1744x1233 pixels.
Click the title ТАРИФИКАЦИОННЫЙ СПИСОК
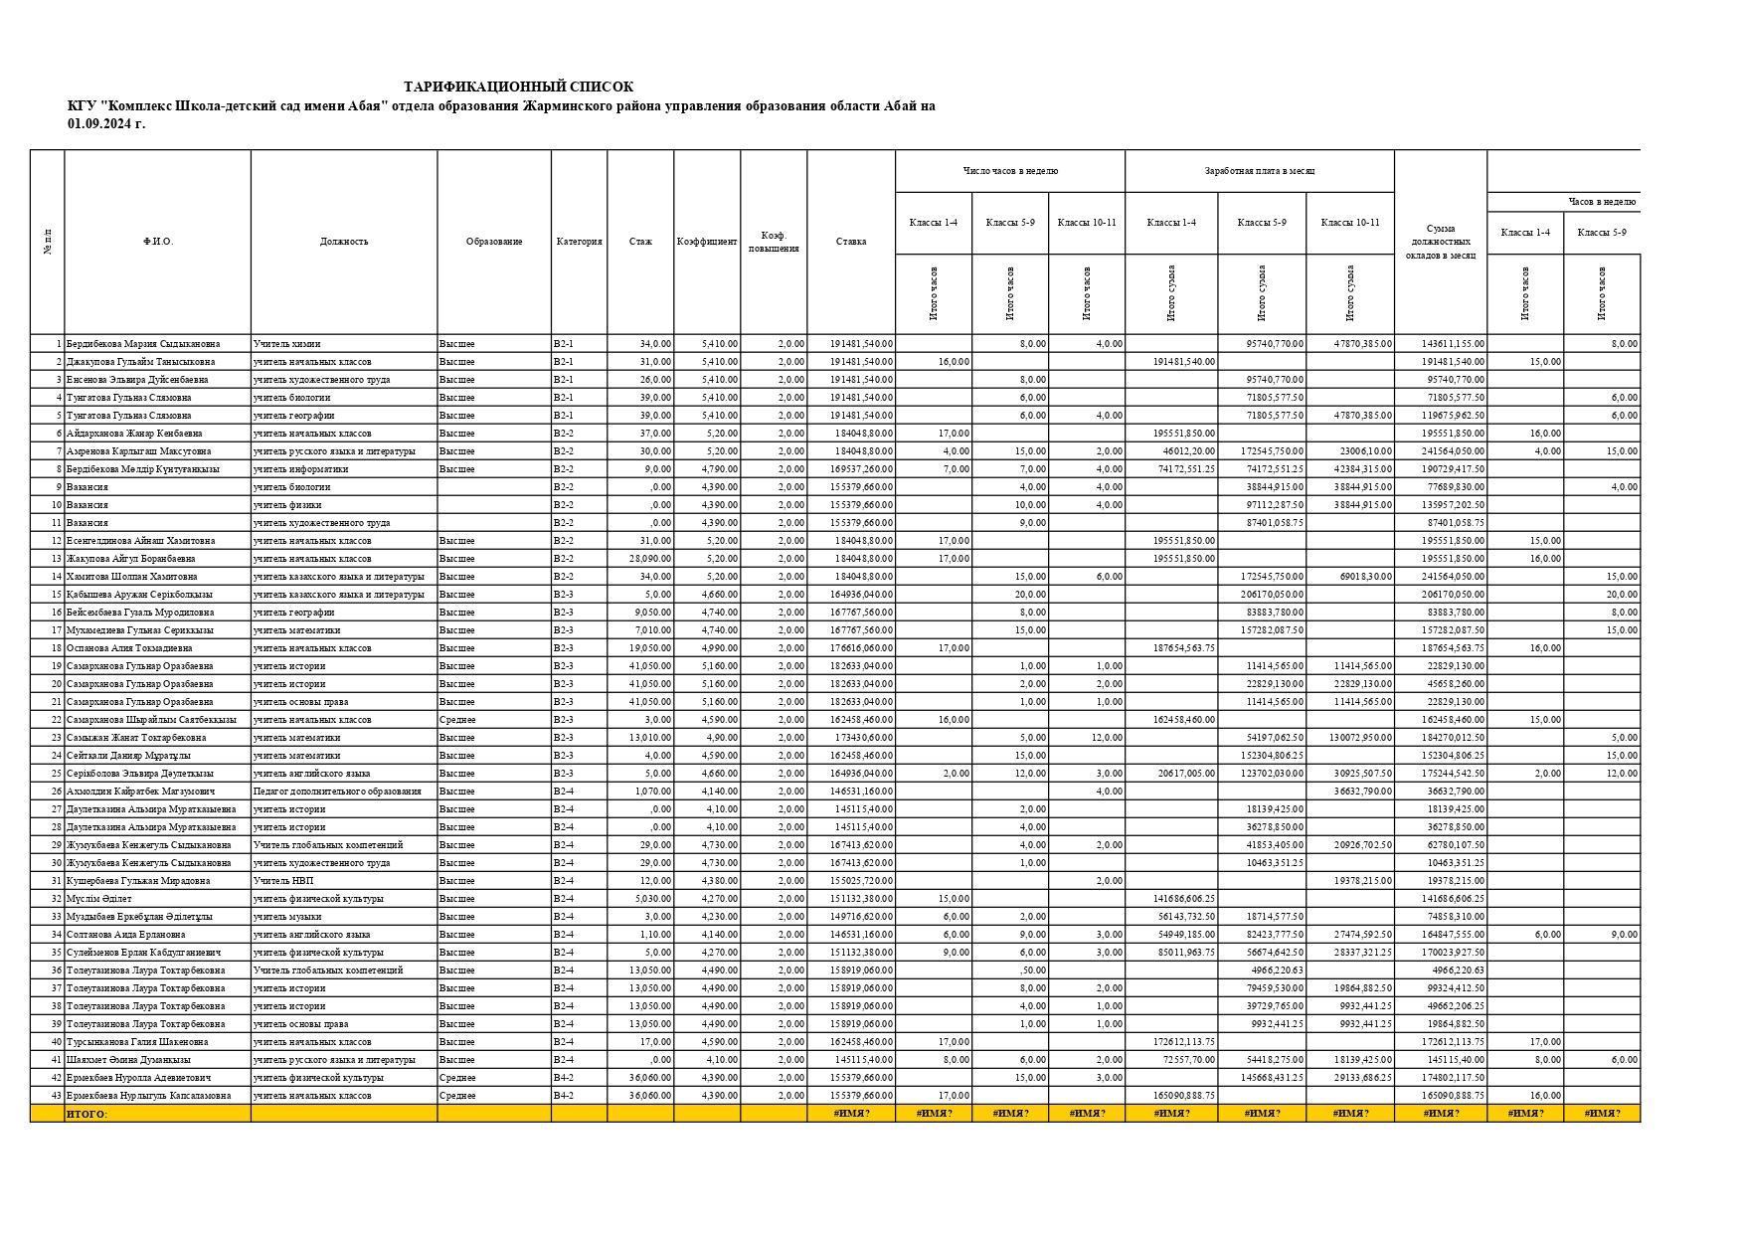(x=518, y=88)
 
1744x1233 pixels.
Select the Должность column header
(x=344, y=242)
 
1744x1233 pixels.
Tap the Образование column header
(x=493, y=242)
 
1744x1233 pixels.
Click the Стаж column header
(x=640, y=242)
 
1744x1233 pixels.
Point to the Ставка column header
(x=850, y=242)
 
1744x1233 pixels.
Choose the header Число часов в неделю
(x=1009, y=171)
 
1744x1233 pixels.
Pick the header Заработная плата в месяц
(x=1259, y=171)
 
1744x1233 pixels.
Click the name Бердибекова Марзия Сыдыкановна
(x=143, y=344)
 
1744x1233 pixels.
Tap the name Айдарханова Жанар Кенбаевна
(x=134, y=434)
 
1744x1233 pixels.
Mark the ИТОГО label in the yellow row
(x=86, y=1115)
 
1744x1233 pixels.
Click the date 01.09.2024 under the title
(x=105, y=124)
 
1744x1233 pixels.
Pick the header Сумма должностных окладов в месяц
(x=1440, y=242)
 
